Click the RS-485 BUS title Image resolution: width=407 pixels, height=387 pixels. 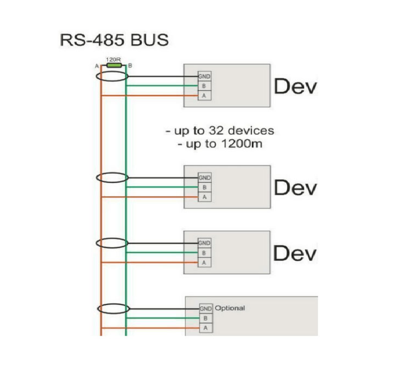coord(114,40)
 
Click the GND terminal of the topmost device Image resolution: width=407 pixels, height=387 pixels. coord(204,76)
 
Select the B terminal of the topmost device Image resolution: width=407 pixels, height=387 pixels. coord(204,86)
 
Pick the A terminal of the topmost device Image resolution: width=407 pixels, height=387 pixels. coord(204,96)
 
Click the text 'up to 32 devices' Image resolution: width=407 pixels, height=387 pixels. coord(220,130)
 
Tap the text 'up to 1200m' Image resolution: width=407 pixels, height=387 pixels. coord(220,144)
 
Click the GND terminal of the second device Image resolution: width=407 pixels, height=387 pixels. coord(204,178)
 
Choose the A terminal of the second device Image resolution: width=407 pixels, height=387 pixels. coord(204,197)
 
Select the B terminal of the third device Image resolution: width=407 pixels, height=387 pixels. coord(204,253)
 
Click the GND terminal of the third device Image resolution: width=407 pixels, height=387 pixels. coord(204,243)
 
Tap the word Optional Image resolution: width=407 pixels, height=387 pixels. coord(230,308)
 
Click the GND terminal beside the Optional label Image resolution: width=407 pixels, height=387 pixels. coord(206,308)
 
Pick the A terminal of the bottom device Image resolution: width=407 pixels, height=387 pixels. coord(206,328)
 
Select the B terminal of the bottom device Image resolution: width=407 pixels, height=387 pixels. coord(206,318)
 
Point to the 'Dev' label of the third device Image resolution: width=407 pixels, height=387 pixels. coord(295,253)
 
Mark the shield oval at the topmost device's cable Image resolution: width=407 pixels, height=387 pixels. coord(112,76)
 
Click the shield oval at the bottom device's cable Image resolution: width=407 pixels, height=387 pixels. coord(112,308)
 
